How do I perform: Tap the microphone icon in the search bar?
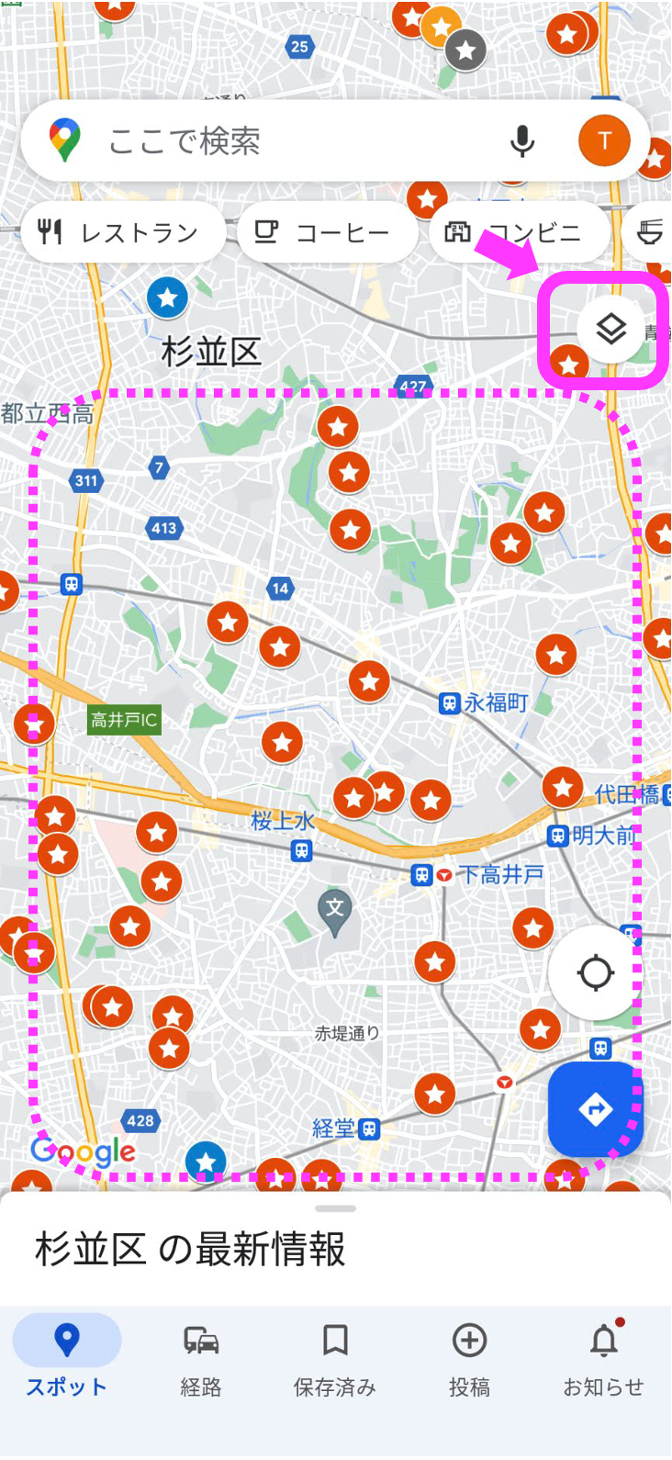tap(522, 141)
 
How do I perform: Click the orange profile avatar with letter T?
tap(604, 140)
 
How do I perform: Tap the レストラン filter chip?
tap(121, 233)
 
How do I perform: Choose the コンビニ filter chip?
tap(516, 233)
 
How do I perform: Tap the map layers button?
tap(610, 329)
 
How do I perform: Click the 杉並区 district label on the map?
tap(212, 352)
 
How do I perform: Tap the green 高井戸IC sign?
tap(124, 720)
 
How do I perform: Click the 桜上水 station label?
tap(283, 820)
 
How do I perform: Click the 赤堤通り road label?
tap(347, 1033)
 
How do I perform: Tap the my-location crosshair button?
tap(595, 973)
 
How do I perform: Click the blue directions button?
tap(595, 1109)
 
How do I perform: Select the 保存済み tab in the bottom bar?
tap(335, 1359)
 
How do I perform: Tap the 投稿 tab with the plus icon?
tap(469, 1359)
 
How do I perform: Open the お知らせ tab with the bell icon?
tap(603, 1359)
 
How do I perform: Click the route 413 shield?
tap(164, 528)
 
